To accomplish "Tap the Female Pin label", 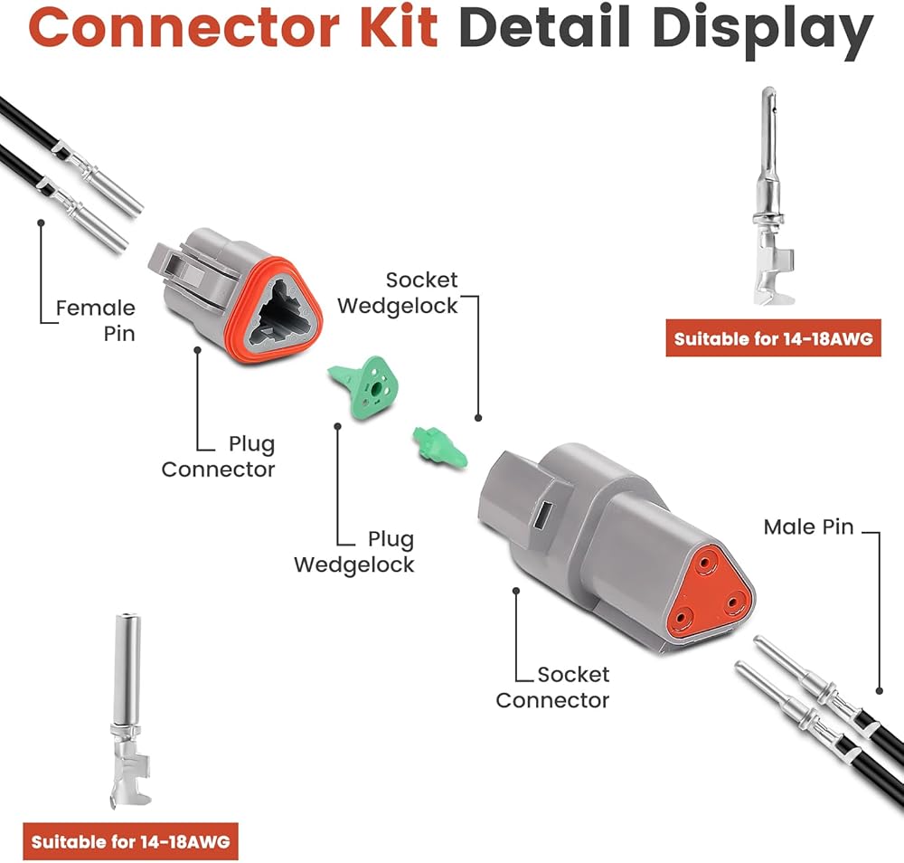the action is coord(95,321).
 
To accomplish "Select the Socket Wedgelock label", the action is coord(397,293).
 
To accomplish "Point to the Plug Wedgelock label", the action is coord(354,552).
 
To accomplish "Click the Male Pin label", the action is coord(808,526).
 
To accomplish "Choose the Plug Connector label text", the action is coord(218,456).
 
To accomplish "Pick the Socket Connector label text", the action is coord(552,688).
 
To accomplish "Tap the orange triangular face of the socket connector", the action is coord(711,594).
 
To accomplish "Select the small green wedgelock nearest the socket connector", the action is coord(440,447).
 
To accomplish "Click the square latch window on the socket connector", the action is coord(542,514).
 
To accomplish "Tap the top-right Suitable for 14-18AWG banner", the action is coord(774,338).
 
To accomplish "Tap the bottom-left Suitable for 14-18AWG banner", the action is coord(130,841).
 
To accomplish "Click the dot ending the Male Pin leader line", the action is coord(880,691).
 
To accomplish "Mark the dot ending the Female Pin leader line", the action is coord(41,223).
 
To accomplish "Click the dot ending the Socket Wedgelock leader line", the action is coord(478,418).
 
